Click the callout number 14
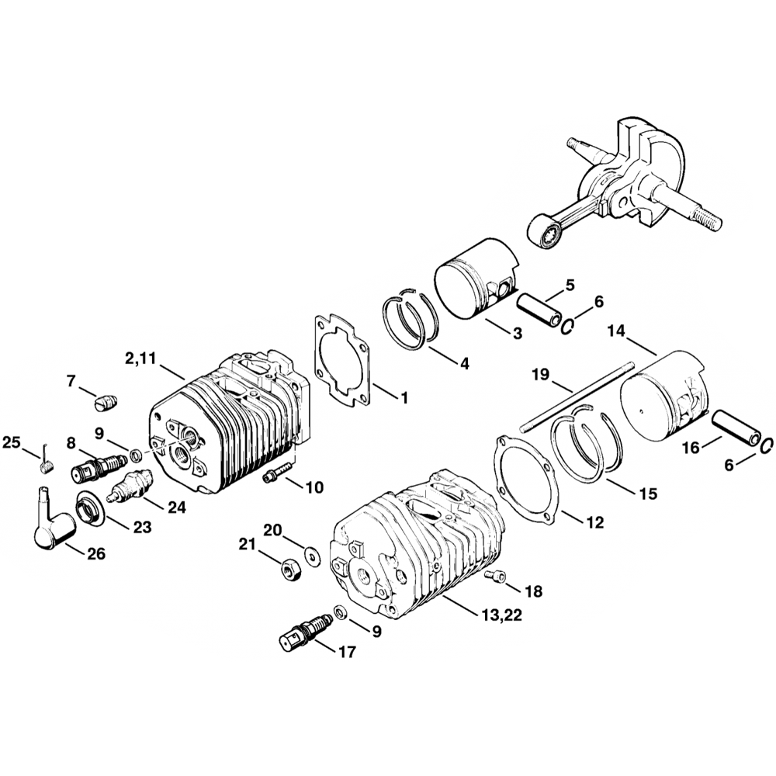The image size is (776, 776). click(x=615, y=331)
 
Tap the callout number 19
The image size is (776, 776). click(x=541, y=375)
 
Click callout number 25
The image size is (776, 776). click(x=11, y=442)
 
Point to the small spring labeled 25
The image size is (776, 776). click(x=45, y=465)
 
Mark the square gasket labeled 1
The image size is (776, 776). click(x=342, y=361)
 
